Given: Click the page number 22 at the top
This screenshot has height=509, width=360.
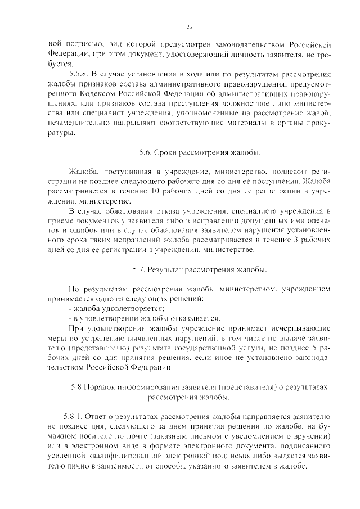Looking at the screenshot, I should point(189,26).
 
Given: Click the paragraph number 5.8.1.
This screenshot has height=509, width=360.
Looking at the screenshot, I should point(75,417).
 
